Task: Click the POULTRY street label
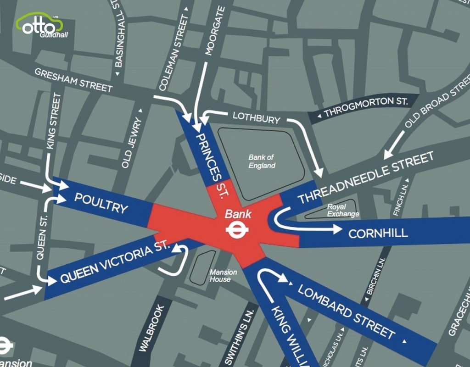(x=101, y=203)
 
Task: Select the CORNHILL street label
(x=378, y=233)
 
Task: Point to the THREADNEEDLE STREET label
(x=366, y=178)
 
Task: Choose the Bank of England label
(x=262, y=161)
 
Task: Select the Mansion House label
(x=224, y=276)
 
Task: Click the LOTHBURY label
(x=256, y=118)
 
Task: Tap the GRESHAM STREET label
(x=73, y=80)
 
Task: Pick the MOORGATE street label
(x=214, y=31)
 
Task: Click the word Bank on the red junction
(x=238, y=213)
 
